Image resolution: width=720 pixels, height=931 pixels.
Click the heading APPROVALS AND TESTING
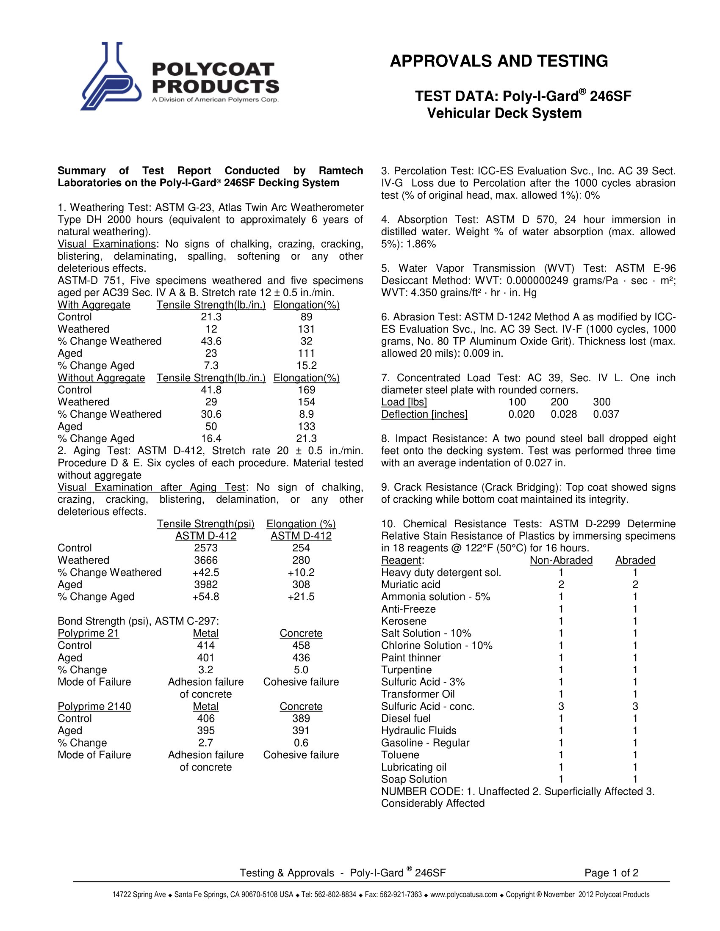coord(498,61)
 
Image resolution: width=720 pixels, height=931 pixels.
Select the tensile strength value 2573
coord(205,548)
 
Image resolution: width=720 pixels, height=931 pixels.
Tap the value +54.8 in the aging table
coord(205,596)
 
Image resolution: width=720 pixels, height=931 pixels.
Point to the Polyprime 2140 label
coord(94,706)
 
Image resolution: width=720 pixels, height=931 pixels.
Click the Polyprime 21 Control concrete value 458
coord(301,645)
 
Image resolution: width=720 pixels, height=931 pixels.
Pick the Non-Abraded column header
coord(561,560)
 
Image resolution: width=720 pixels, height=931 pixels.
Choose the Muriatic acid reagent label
coord(411,584)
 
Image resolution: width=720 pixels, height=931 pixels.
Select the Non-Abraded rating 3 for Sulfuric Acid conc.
coord(561,706)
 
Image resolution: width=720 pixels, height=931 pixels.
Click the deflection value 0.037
coord(606,414)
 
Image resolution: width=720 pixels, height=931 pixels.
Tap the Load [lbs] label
coord(404,402)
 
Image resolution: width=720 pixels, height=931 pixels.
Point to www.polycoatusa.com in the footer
coord(464,894)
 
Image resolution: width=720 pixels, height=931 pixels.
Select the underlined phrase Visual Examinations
coord(107,244)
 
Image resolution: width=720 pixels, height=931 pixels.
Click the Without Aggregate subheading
coord(101,377)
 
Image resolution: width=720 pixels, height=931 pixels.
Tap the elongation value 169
coord(306,390)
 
